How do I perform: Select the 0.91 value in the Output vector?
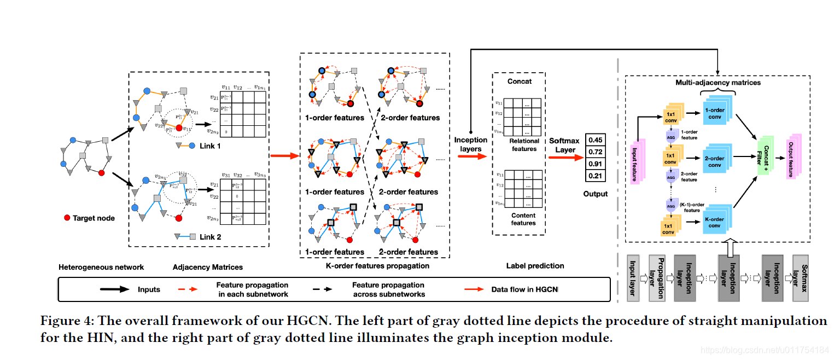[595, 164]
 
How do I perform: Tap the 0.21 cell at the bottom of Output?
[595, 176]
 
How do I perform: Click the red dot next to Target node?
[67, 218]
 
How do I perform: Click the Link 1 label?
[210, 146]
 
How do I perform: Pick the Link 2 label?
[210, 237]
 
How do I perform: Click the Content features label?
[523, 219]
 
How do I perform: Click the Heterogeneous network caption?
[101, 267]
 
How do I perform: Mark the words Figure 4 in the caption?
[65, 321]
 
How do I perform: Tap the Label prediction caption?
[535, 266]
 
